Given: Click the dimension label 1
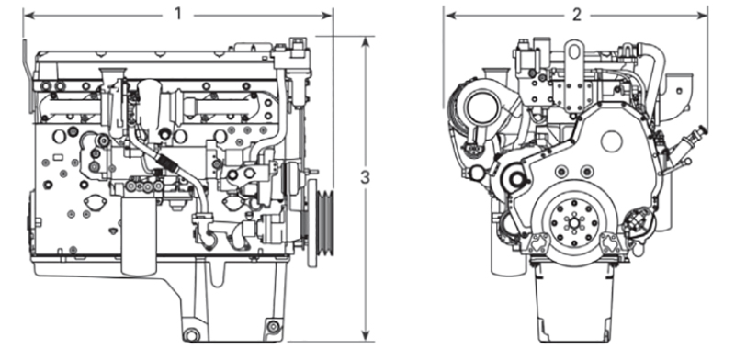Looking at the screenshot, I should (x=178, y=14).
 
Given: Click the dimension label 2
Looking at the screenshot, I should (x=576, y=14).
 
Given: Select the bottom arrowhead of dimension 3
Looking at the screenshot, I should (x=366, y=336).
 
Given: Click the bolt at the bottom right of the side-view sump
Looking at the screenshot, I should (x=272, y=324).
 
